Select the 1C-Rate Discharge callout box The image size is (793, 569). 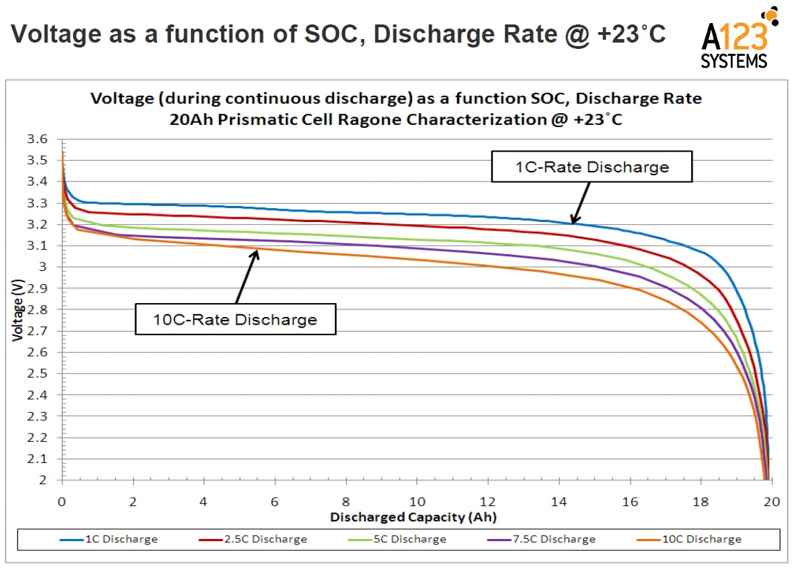[x=592, y=167]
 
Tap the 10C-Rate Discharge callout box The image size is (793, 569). [x=236, y=320]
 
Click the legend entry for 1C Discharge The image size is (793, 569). [x=108, y=539]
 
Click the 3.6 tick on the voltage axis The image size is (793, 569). [x=38, y=140]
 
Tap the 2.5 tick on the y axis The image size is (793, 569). [x=38, y=374]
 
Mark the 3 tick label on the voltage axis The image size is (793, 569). [x=43, y=267]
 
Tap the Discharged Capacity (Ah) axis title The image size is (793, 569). [x=413, y=517]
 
